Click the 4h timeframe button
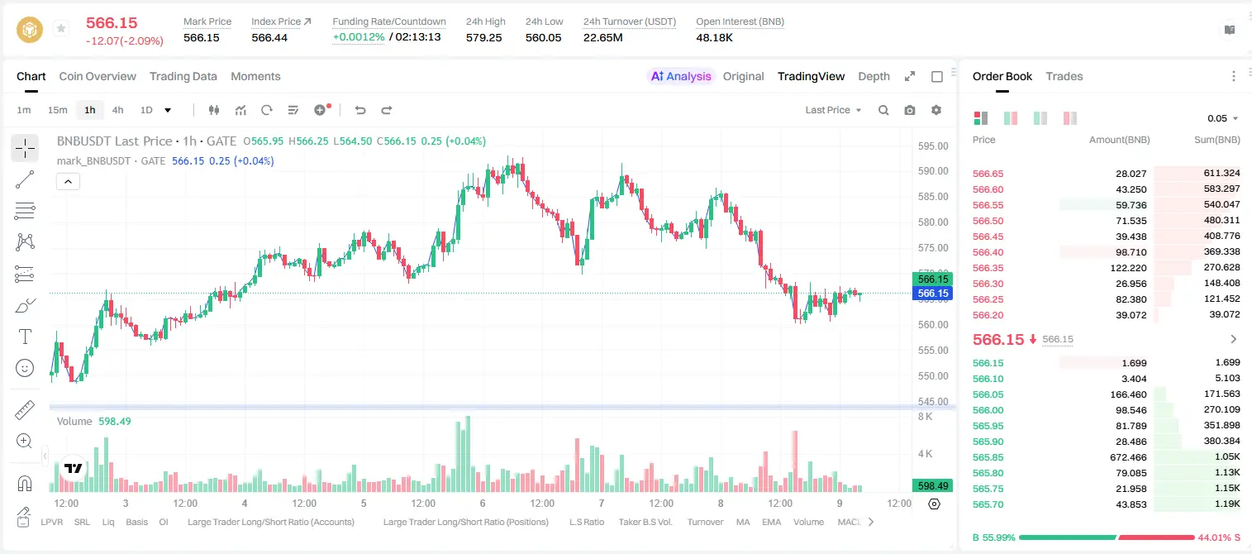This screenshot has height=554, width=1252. click(117, 110)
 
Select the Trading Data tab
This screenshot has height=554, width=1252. click(183, 76)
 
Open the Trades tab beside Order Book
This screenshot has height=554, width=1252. click(1064, 76)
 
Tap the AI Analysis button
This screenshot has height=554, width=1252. click(681, 76)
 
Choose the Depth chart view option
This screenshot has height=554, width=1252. click(874, 76)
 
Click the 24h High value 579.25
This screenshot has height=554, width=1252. click(484, 37)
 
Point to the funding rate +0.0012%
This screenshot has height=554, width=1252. click(359, 37)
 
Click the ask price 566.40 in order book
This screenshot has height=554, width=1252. click(988, 252)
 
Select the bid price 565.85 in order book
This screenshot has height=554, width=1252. click(988, 457)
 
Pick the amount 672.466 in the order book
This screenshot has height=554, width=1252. click(1128, 457)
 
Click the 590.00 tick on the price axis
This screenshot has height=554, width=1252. click(933, 171)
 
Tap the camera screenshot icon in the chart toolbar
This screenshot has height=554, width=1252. click(910, 110)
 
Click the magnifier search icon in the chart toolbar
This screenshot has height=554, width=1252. click(883, 110)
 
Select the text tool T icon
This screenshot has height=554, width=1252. click(25, 337)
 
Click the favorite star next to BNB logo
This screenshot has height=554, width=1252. click(61, 28)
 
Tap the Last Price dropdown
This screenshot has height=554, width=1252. click(833, 110)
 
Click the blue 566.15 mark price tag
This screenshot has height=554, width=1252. click(933, 294)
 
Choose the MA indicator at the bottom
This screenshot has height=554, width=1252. click(743, 522)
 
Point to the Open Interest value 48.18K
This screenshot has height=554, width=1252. click(714, 37)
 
